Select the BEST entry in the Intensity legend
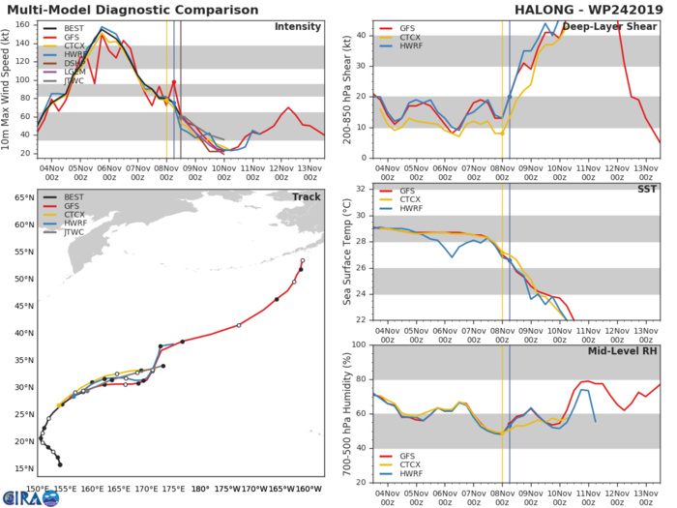74,30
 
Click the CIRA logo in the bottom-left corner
19,498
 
